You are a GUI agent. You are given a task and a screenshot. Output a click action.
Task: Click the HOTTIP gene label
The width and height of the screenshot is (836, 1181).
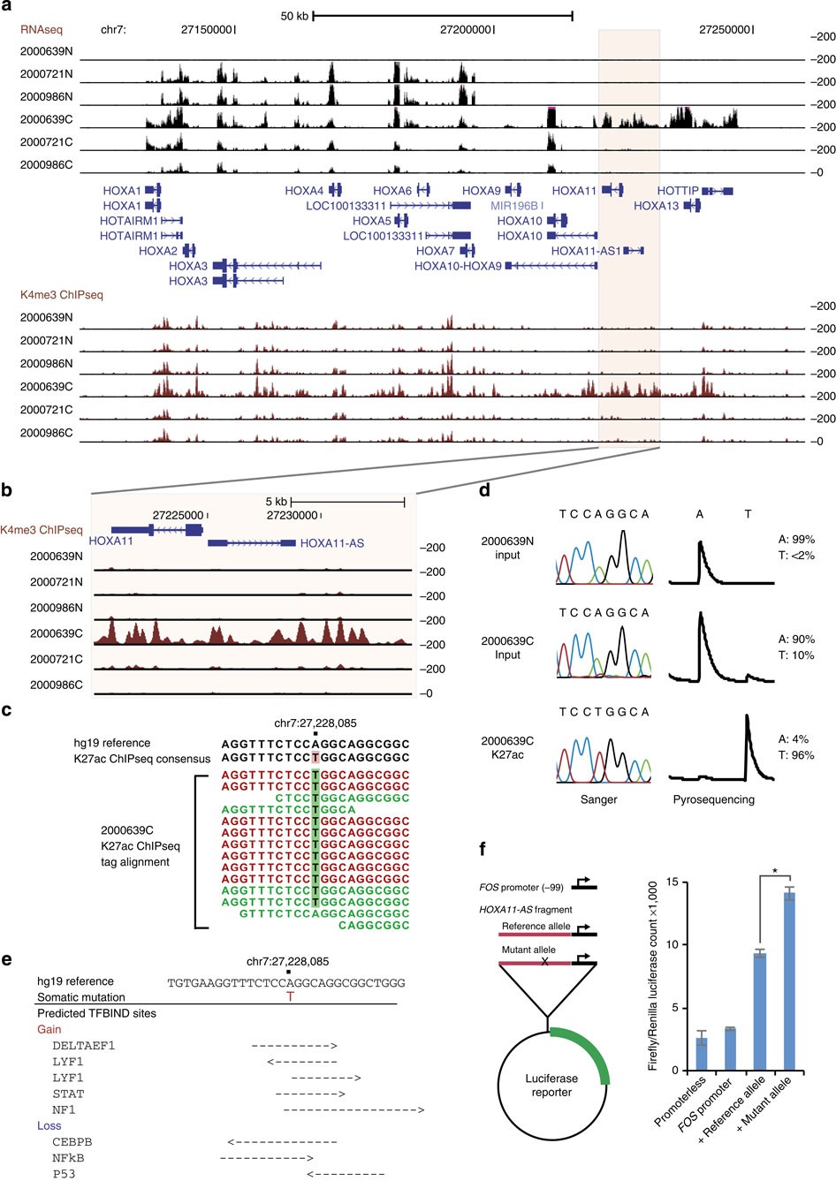[677, 191]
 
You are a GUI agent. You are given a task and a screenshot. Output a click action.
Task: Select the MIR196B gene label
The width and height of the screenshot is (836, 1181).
[514, 206]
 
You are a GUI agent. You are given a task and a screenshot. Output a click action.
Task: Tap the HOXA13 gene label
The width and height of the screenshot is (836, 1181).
[656, 206]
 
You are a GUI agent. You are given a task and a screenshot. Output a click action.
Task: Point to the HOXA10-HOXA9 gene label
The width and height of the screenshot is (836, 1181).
[458, 266]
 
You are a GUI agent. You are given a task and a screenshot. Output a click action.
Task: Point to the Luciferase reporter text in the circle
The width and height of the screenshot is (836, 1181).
[551, 1086]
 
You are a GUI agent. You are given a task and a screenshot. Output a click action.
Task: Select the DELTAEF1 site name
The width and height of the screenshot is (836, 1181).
[84, 1046]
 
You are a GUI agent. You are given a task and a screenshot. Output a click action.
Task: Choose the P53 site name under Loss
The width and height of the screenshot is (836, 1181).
[65, 1174]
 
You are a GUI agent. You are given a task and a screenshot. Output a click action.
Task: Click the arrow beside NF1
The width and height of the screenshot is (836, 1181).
[353, 1109]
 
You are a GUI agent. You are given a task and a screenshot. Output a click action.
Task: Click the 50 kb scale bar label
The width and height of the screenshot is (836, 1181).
[293, 16]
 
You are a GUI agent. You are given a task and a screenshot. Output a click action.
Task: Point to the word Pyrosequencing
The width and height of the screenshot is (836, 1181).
[713, 799]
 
